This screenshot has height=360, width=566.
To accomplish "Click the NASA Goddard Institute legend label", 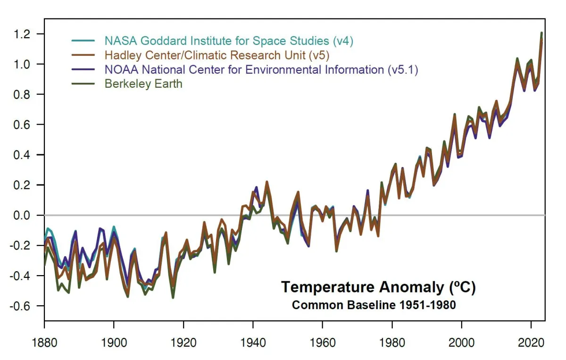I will click(229, 41).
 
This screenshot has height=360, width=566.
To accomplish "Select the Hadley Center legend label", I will click(217, 56).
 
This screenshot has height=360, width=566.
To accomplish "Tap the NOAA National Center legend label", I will click(261, 70).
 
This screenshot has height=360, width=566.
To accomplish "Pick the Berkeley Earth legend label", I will click(143, 84).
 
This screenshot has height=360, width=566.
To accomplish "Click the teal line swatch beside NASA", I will click(83, 41).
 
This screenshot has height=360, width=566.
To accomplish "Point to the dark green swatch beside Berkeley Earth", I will click(83, 84).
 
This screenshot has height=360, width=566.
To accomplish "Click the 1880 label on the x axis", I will click(44, 343).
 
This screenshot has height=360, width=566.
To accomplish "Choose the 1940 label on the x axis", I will click(253, 343).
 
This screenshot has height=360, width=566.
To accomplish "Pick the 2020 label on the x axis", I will click(532, 343).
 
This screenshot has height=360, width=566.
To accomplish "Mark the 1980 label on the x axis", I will click(392, 343).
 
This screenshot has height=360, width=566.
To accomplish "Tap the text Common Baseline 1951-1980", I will click(374, 305).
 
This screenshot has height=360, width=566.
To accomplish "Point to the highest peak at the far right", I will click(541, 33).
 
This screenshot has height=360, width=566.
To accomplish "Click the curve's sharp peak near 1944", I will click(266, 182).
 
